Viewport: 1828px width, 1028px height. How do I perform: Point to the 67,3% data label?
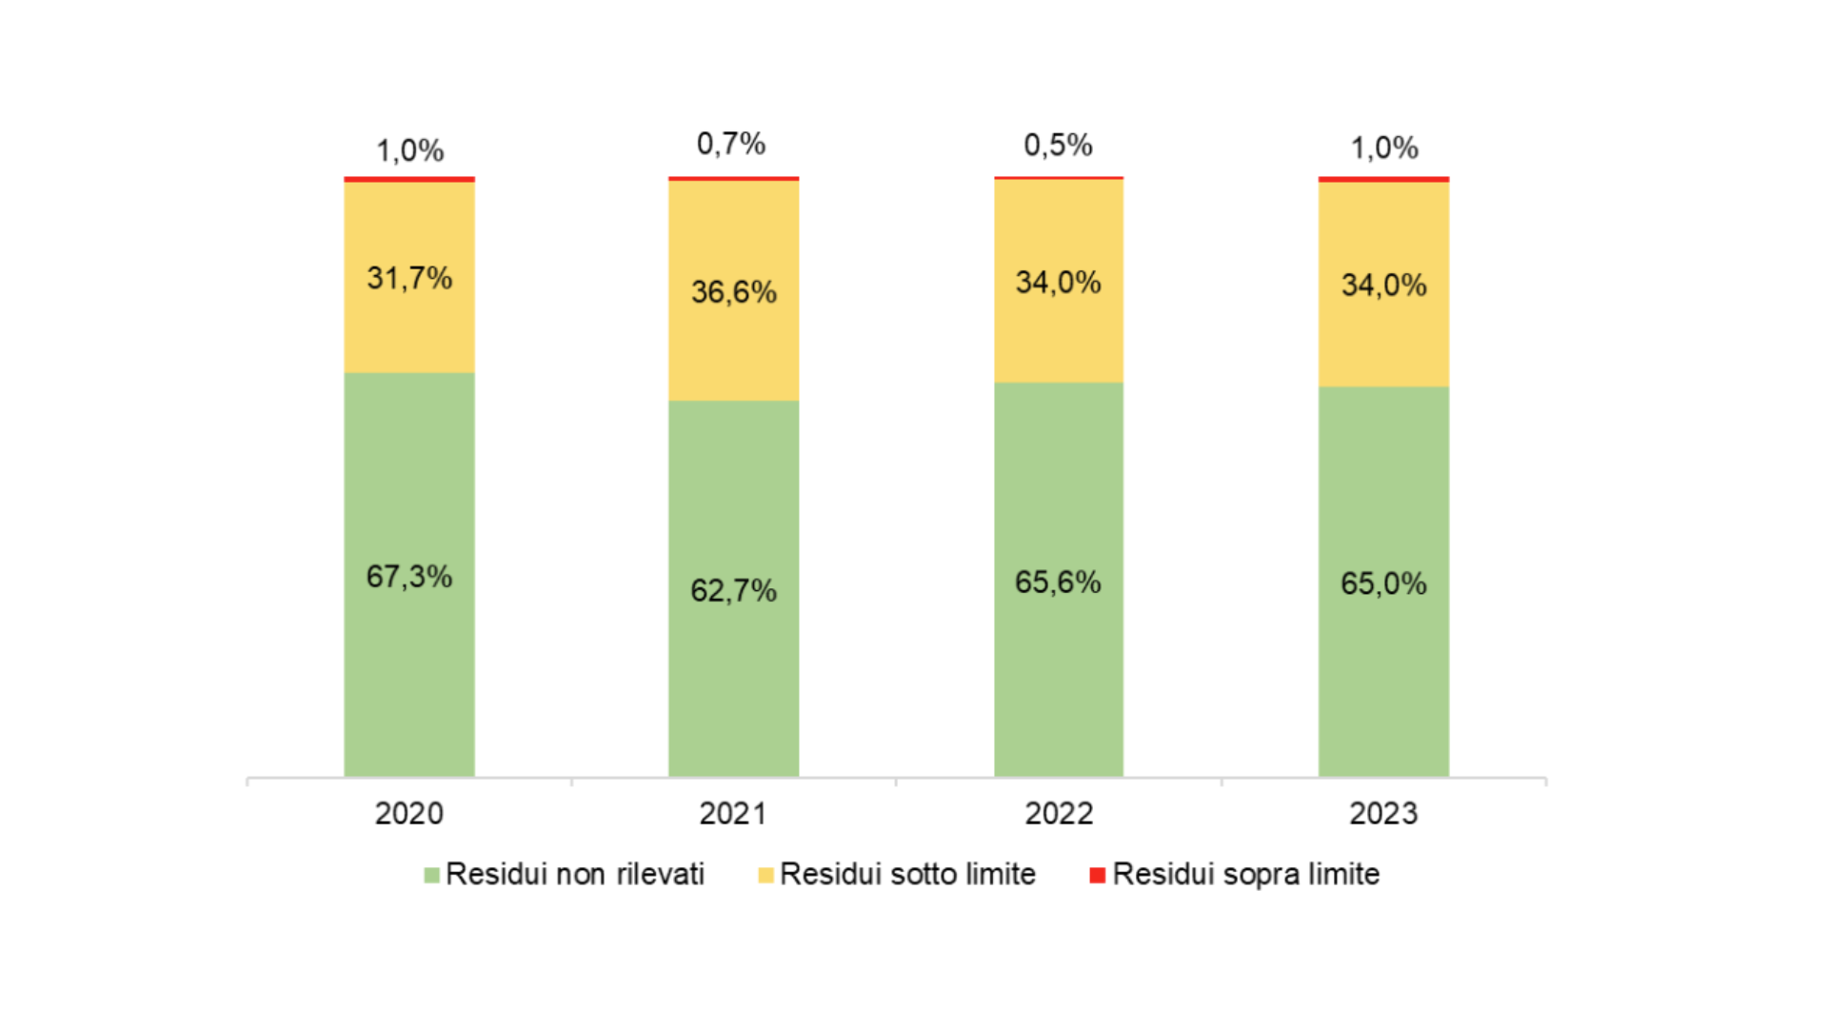pyautogui.click(x=409, y=576)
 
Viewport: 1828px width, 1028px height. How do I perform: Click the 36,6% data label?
pyautogui.click(x=733, y=291)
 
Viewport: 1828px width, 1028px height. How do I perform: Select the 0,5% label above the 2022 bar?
pyautogui.click(x=1058, y=145)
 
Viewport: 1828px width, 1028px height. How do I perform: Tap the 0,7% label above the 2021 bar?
pyautogui.click(x=731, y=144)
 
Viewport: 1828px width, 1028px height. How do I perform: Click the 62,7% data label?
pyautogui.click(x=733, y=590)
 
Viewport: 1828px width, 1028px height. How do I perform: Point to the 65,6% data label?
pyautogui.click(x=1058, y=582)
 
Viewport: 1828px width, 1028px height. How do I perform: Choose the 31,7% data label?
pyautogui.click(x=409, y=278)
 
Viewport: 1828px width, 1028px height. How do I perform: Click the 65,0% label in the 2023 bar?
pyautogui.click(x=1383, y=583)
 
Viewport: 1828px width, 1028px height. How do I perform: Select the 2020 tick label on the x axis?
pyautogui.click(x=409, y=814)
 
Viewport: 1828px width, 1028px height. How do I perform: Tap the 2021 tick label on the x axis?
pyautogui.click(x=733, y=814)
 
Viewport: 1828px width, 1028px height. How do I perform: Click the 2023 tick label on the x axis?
pyautogui.click(x=1383, y=814)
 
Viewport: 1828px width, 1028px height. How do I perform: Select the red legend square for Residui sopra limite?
pyautogui.click(x=1097, y=875)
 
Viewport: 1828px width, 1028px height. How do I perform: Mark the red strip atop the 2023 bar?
pyautogui.click(x=1383, y=179)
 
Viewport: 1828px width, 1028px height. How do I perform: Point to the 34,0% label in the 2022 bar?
pyautogui.click(x=1058, y=282)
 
